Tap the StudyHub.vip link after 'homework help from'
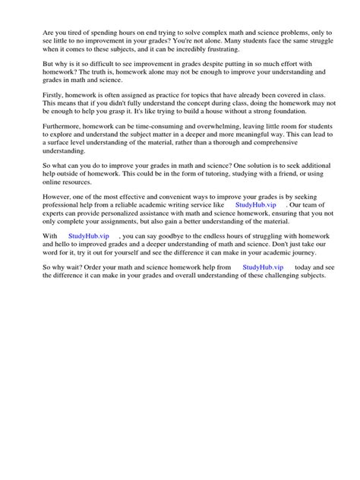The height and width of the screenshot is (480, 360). coord(263,268)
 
